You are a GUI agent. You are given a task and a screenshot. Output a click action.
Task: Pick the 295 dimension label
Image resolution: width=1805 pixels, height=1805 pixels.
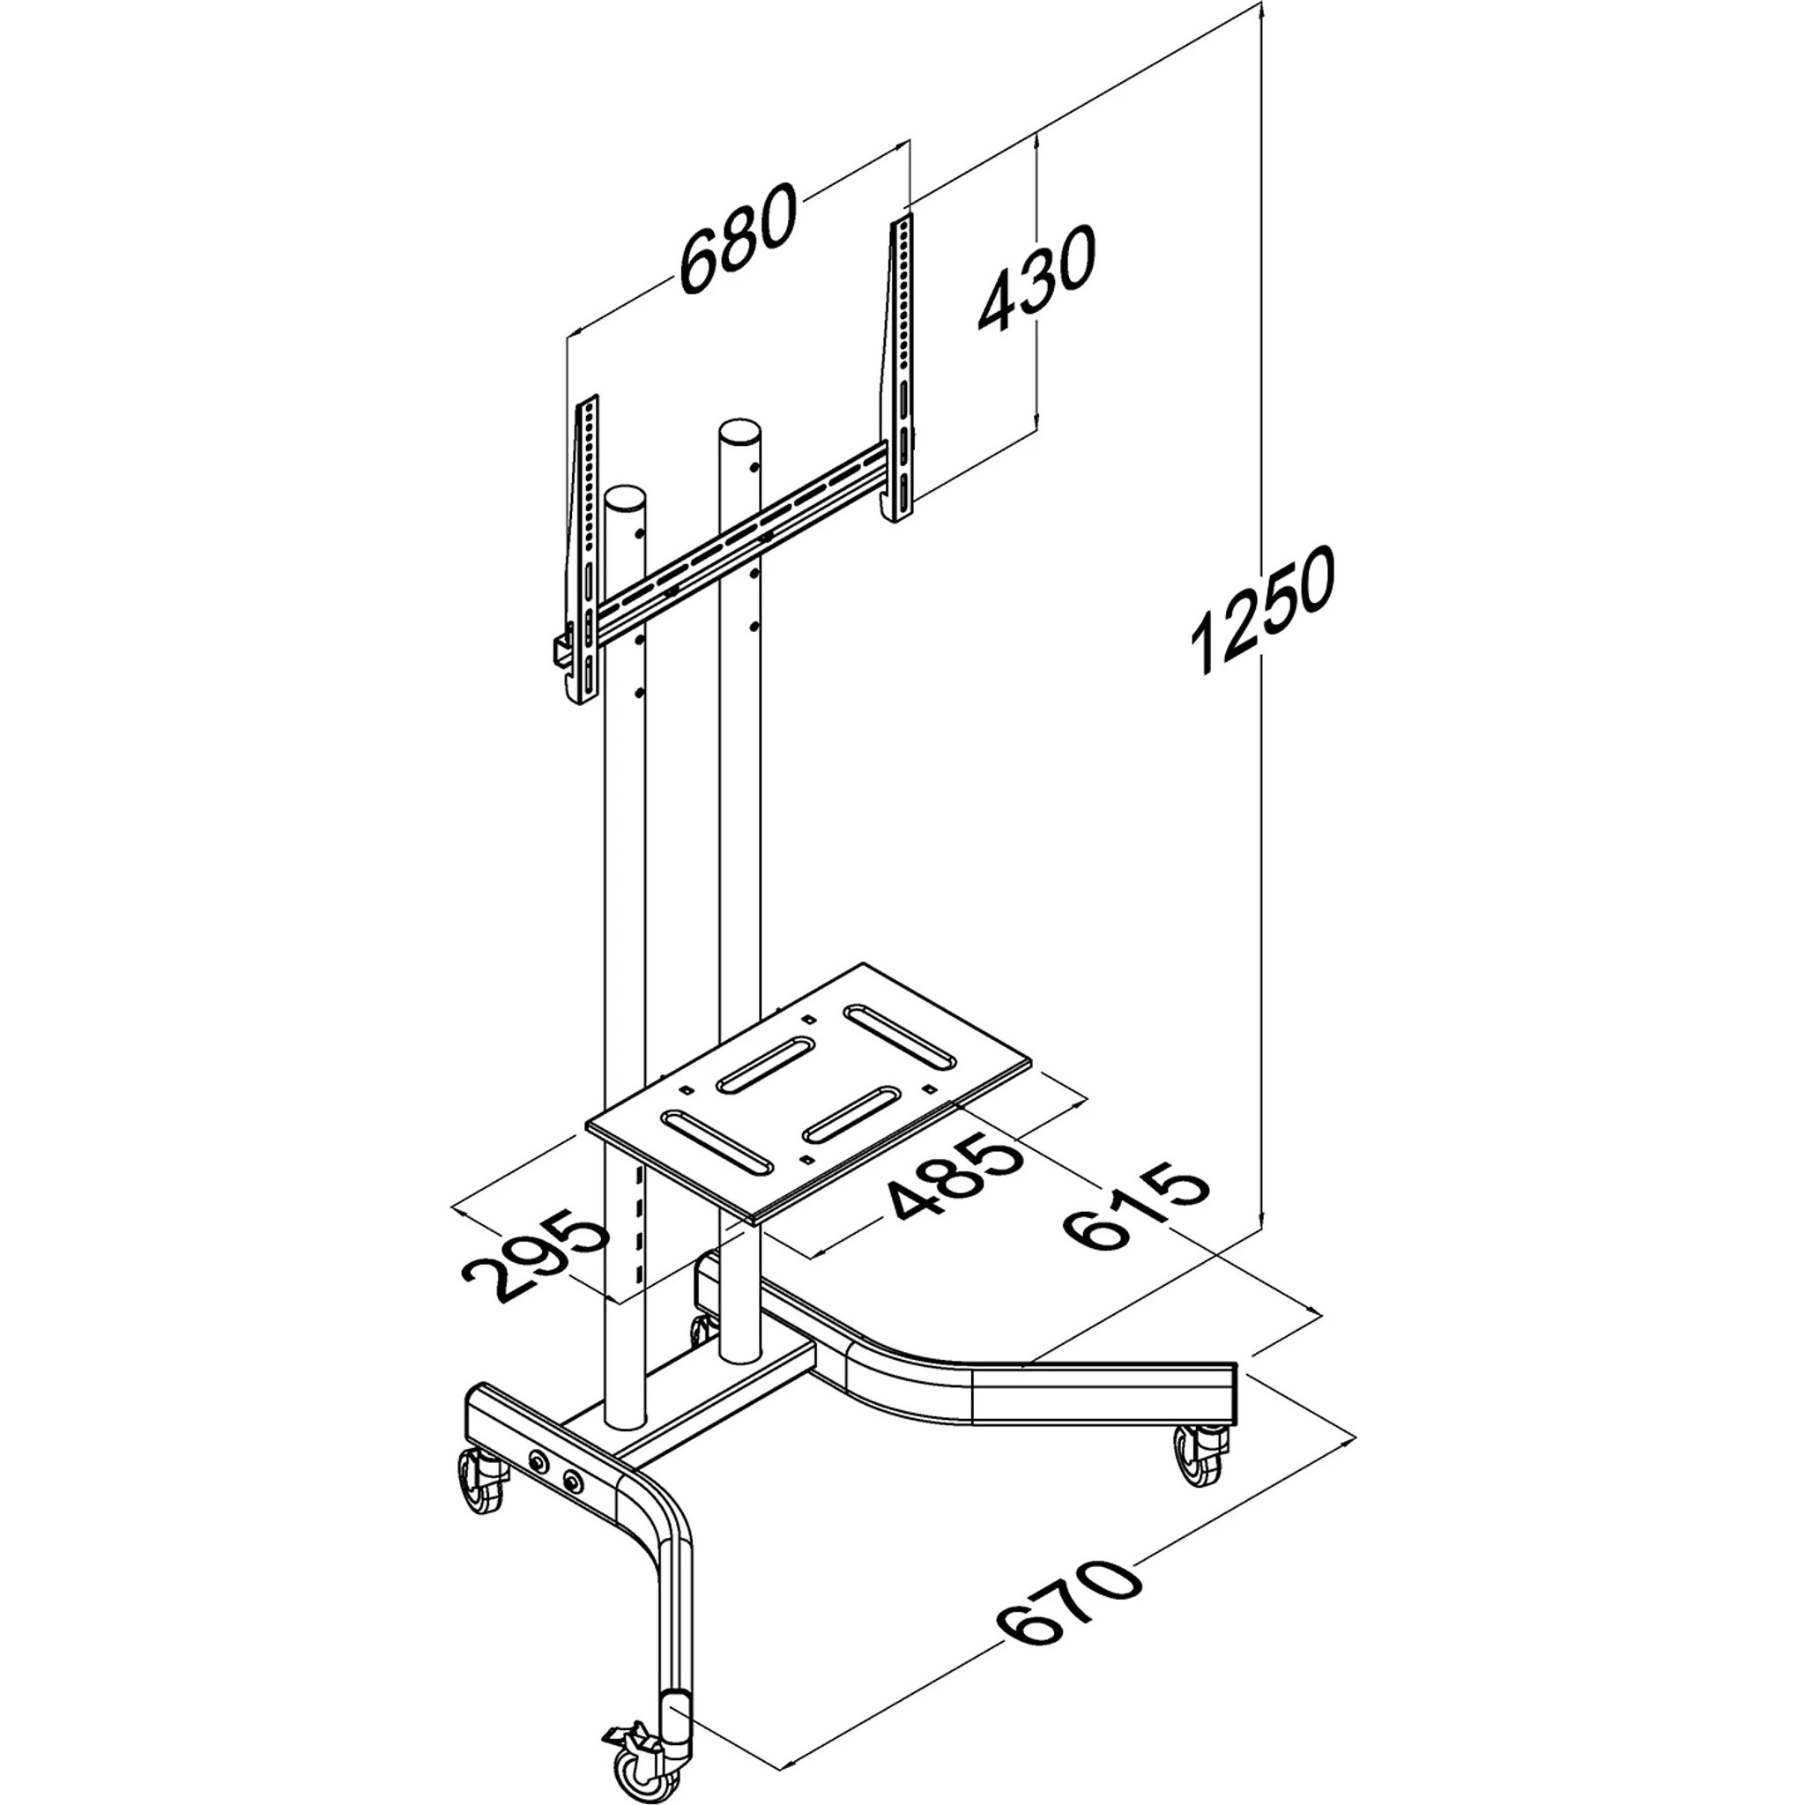[536, 1254]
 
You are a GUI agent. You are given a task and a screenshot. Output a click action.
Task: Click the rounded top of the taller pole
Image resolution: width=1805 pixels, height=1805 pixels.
[738, 435]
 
